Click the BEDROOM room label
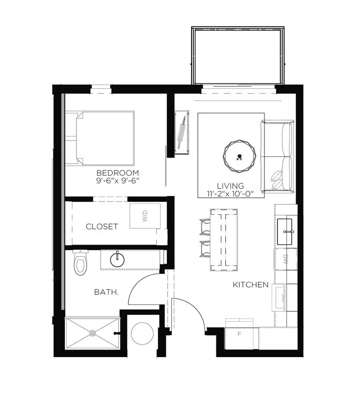tap(117, 172)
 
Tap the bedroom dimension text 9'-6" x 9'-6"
tap(117, 180)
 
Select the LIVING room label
tap(230, 186)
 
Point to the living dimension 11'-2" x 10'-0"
tap(230, 194)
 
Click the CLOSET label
tap(102, 227)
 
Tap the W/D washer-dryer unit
tap(145, 216)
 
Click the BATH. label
tap(106, 292)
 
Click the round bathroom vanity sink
tap(117, 260)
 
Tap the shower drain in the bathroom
tap(92, 333)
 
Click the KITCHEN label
tap(251, 285)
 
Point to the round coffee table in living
tap(239, 157)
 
